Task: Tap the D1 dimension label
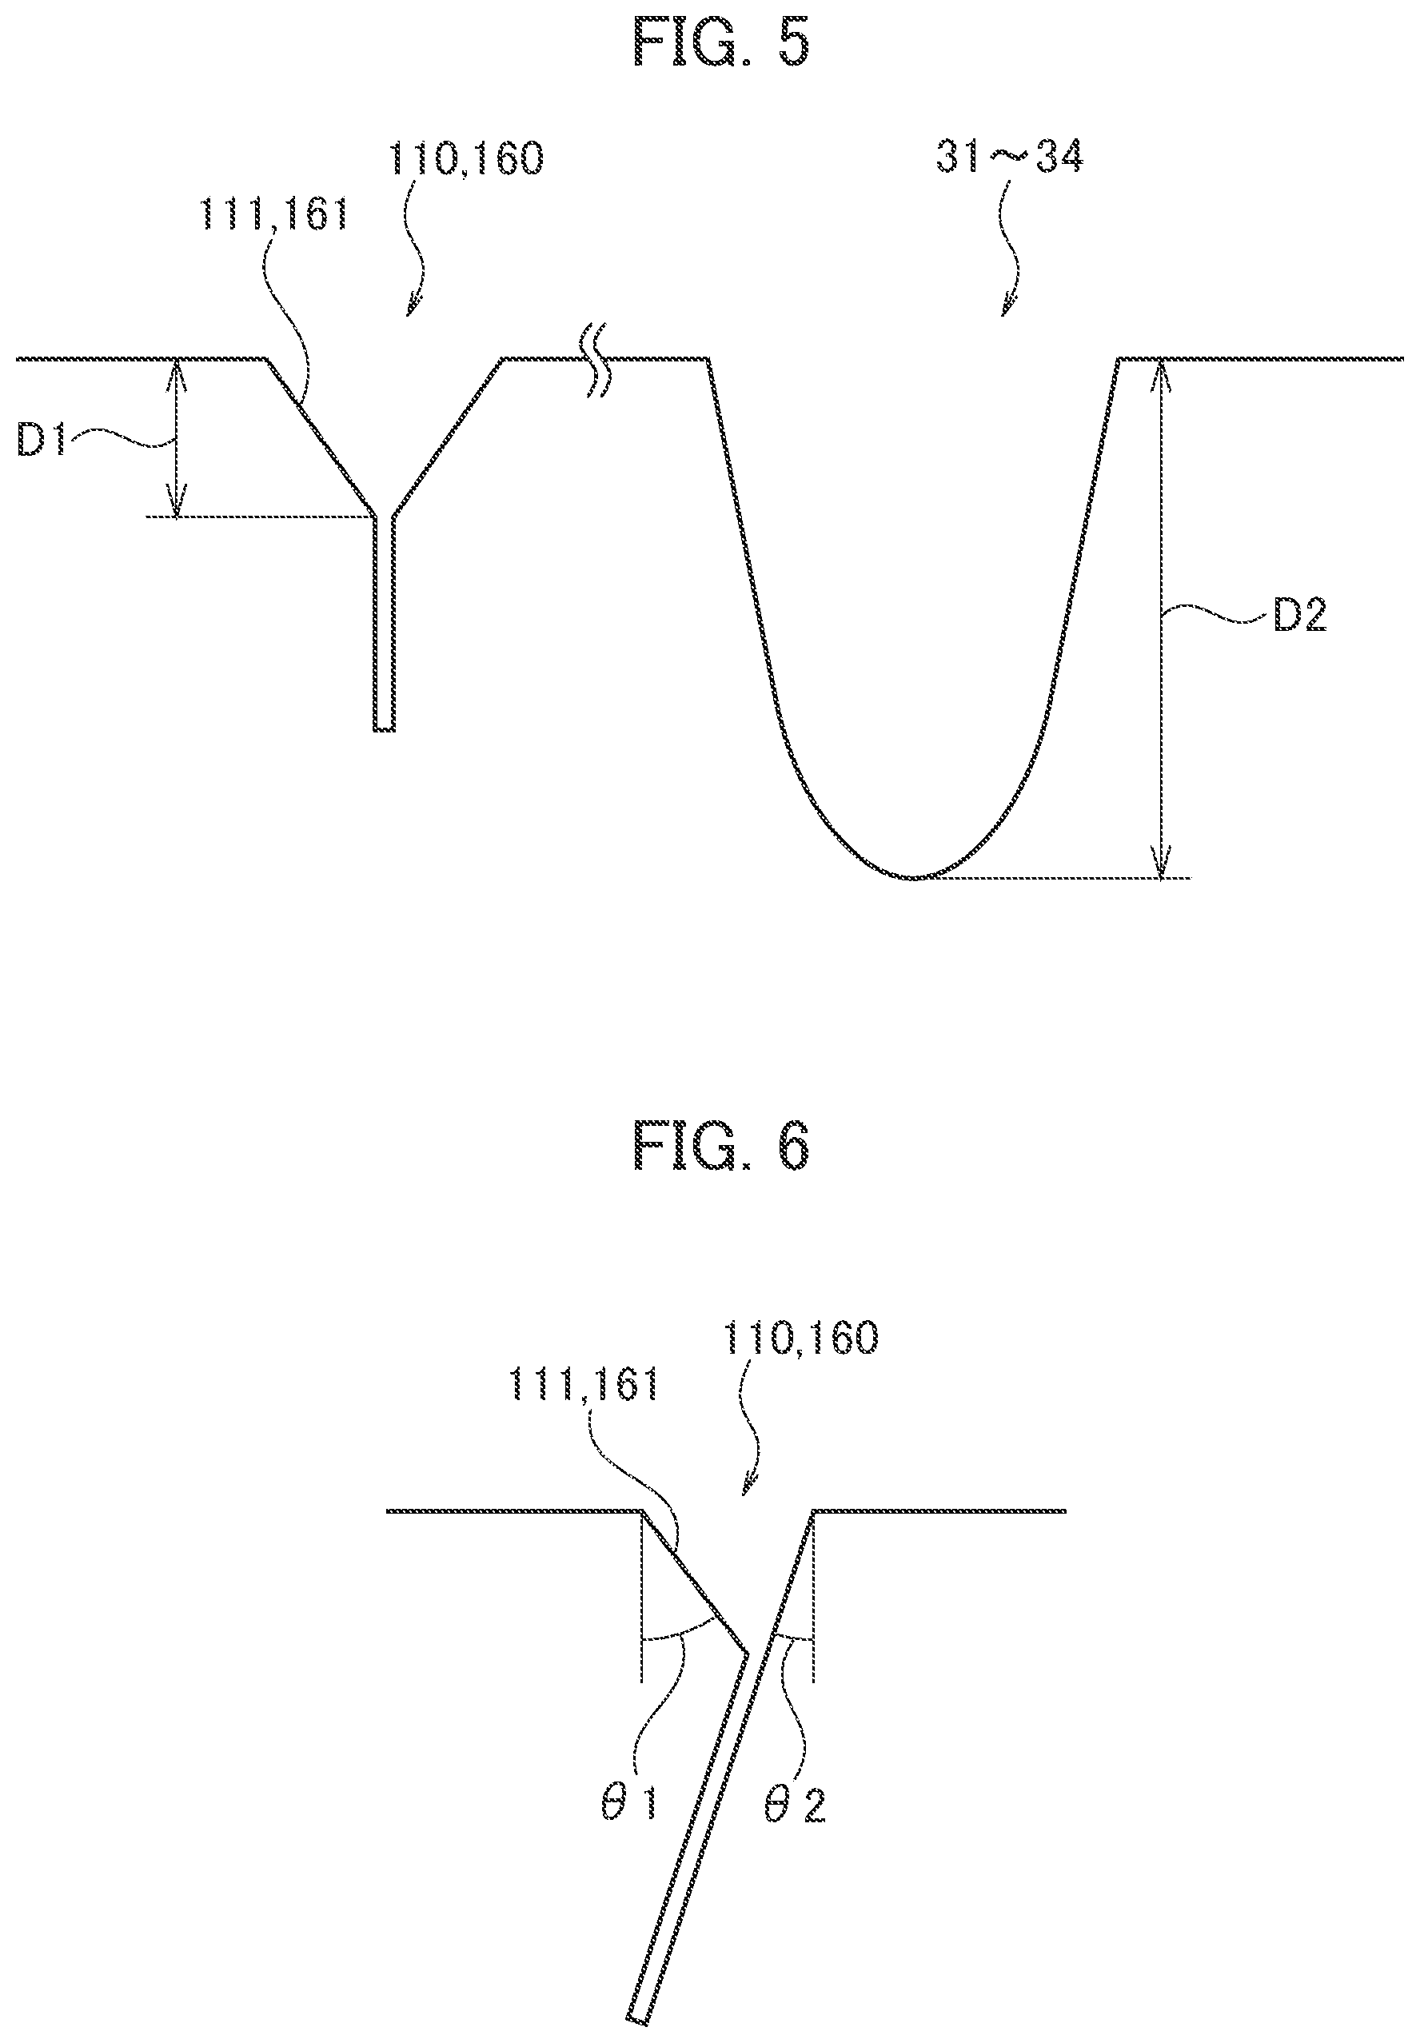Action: tap(42, 442)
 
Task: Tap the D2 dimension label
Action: tap(1300, 615)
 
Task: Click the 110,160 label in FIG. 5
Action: tap(465, 159)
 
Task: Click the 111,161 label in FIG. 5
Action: tap(273, 214)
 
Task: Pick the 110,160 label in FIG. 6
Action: tap(801, 1338)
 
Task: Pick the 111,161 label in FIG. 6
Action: tap(584, 1385)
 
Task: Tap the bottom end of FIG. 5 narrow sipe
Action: tap(384, 729)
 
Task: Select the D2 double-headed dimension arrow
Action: tap(1161, 618)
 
